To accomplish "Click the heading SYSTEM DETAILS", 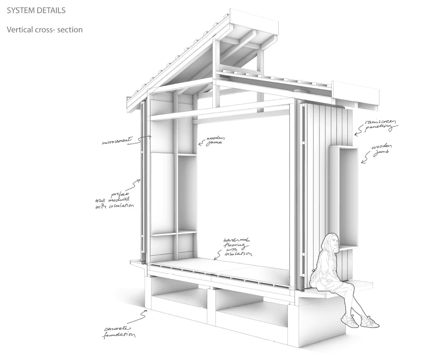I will [x=36, y=10].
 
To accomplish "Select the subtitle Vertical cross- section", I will [x=44, y=30].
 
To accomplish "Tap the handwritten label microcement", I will [x=117, y=142].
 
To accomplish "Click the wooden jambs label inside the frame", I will [x=214, y=139].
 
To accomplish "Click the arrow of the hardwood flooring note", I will [x=218, y=256].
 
